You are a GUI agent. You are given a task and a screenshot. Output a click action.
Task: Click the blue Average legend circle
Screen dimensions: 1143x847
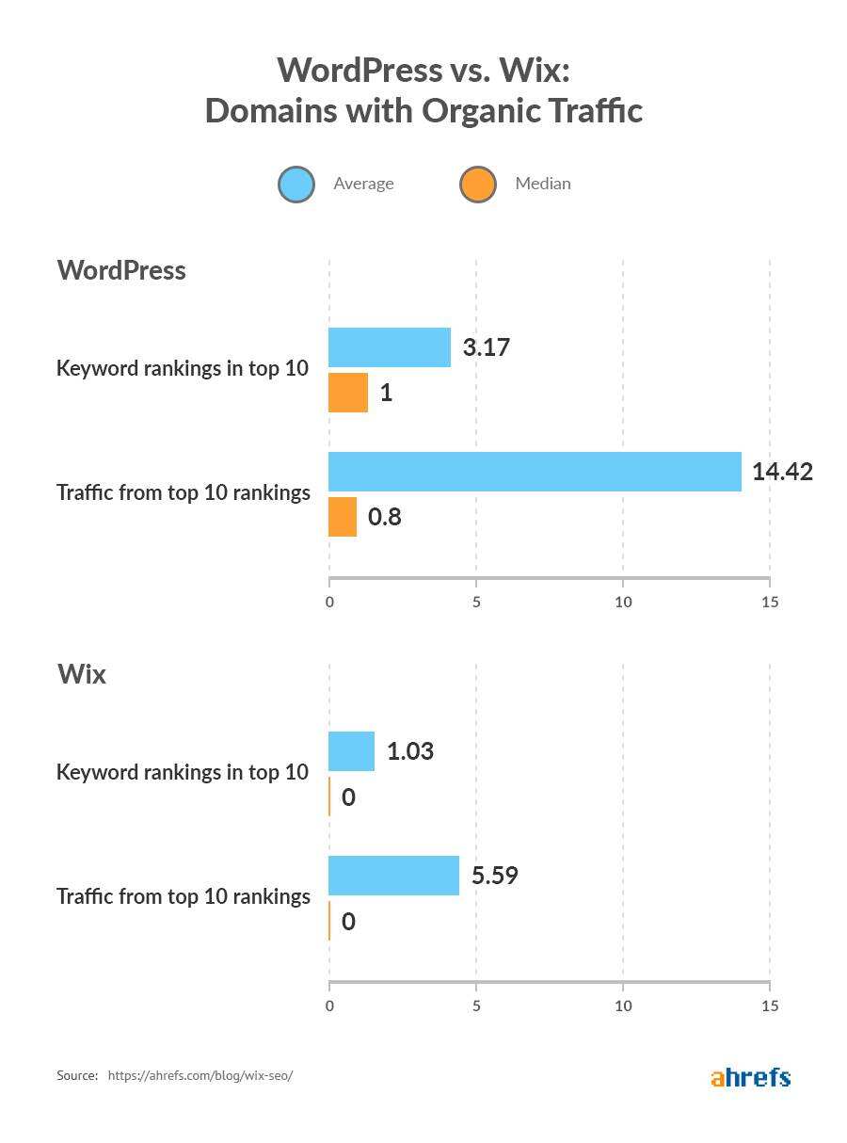tap(296, 185)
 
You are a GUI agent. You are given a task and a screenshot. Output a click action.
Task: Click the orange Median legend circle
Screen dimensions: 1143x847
tap(478, 185)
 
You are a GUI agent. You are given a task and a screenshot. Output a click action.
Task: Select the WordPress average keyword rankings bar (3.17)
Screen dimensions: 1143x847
tap(390, 347)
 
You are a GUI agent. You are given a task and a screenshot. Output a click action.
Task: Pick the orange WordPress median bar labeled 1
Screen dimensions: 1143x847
tap(348, 393)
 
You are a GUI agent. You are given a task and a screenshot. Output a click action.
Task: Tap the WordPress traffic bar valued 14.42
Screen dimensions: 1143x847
tap(535, 472)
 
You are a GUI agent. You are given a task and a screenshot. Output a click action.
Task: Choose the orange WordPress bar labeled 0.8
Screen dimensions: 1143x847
tap(343, 517)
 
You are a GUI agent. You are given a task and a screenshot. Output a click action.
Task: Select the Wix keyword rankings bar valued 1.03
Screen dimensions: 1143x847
tap(352, 751)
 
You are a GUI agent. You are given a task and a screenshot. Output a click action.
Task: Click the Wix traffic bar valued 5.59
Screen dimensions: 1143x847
tap(393, 876)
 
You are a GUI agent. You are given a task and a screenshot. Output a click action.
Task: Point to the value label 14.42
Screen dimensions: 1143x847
tap(782, 472)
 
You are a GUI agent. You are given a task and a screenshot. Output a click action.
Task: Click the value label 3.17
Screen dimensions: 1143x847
tap(486, 347)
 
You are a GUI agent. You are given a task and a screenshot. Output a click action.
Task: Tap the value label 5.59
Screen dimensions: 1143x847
tap(495, 876)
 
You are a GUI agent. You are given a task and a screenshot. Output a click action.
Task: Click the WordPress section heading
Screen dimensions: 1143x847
tap(121, 270)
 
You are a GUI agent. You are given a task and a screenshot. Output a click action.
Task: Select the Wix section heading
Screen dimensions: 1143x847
tap(82, 674)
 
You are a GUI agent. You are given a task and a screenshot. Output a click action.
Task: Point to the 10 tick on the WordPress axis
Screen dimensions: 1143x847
tap(623, 602)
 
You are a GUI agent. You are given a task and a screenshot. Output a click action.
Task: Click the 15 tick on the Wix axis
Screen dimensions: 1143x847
tap(770, 1006)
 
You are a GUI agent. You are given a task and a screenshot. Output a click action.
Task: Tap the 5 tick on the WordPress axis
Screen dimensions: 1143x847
tap(476, 602)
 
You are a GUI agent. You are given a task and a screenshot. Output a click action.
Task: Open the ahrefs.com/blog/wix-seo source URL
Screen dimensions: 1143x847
tap(200, 1075)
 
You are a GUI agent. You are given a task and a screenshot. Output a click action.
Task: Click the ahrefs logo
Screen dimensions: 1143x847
tap(750, 1077)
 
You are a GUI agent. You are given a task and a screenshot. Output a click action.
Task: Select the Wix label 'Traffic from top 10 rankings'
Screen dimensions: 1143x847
tap(184, 896)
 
